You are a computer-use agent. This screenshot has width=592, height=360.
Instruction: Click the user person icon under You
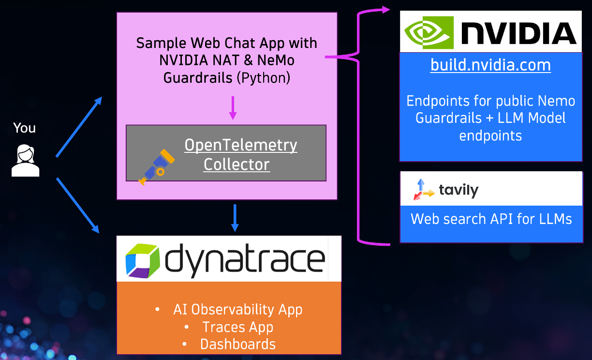coord(25,160)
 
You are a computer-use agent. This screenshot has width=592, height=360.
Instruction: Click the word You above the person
coord(24,128)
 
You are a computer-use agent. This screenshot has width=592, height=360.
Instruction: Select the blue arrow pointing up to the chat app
coord(79,126)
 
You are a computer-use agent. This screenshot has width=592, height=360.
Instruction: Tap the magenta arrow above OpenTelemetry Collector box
coord(233,108)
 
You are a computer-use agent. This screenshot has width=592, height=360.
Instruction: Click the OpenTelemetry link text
coord(240,145)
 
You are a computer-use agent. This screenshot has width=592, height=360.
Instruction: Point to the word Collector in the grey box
coord(237,165)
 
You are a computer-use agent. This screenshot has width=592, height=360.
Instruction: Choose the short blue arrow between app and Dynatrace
coord(235,218)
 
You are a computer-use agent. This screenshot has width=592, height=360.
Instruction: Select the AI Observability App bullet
coord(237,310)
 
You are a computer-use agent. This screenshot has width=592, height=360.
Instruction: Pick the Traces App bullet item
coord(237,327)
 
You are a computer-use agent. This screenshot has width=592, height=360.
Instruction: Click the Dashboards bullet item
coord(237,345)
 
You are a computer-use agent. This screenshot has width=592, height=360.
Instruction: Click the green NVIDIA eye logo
coord(429,32)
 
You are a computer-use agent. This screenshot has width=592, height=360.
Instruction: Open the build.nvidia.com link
coord(490,65)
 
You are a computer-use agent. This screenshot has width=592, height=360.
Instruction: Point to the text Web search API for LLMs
coord(491,219)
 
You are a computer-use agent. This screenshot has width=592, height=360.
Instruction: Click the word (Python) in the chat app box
coord(264,78)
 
